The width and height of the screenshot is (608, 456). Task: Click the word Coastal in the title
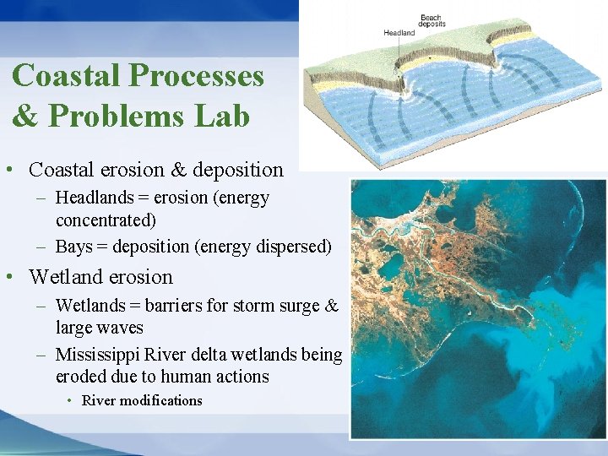click(68, 76)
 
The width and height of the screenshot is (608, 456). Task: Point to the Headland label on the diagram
click(399, 33)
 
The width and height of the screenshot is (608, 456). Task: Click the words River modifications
click(142, 401)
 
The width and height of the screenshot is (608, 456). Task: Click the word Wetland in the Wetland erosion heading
click(64, 277)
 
